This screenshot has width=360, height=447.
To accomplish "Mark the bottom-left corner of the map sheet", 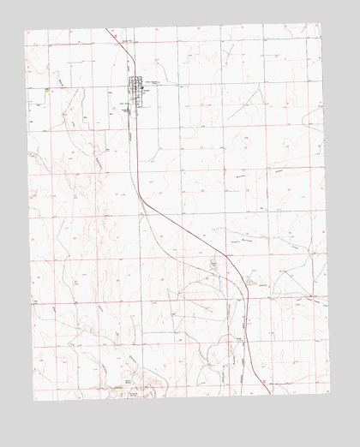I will point(34,399).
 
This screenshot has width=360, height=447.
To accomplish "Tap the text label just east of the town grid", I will point(154,86).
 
